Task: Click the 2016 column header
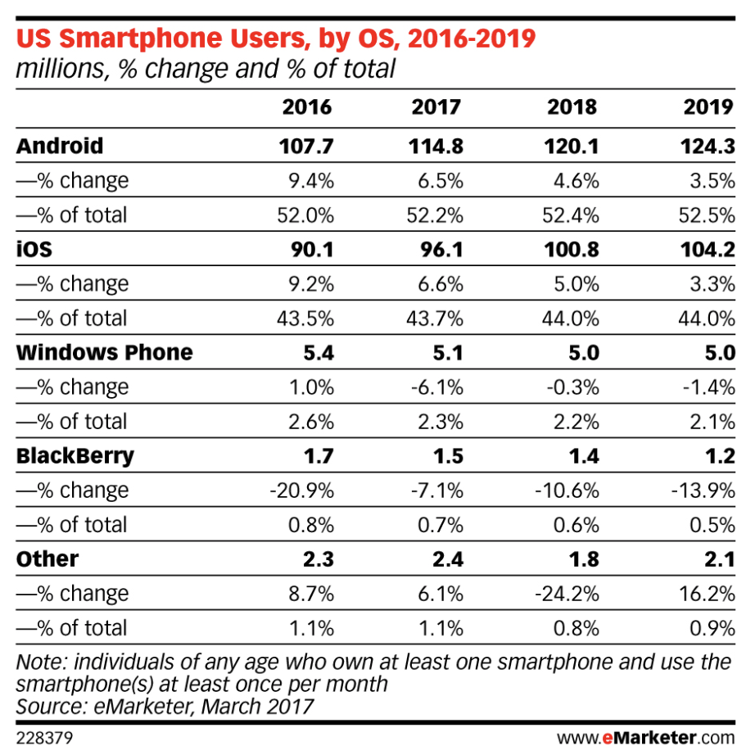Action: (x=307, y=108)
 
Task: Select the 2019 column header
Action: (x=709, y=108)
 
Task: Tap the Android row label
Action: (x=60, y=146)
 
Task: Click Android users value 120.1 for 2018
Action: (x=572, y=146)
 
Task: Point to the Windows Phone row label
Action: (x=105, y=352)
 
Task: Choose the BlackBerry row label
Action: (x=75, y=455)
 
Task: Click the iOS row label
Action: (x=34, y=249)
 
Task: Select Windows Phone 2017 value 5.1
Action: (x=445, y=352)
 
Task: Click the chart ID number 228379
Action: (x=43, y=738)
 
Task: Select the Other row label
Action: (x=47, y=558)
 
